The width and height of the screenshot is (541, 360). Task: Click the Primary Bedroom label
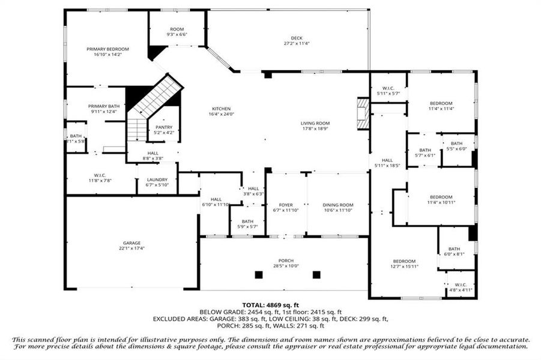point(107,49)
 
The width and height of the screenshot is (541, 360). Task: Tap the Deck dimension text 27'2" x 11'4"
point(297,44)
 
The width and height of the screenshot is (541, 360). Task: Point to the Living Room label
point(315,123)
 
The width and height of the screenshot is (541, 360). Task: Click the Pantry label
point(163,127)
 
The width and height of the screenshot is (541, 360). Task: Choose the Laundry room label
point(157,179)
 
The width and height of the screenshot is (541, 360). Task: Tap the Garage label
point(131,243)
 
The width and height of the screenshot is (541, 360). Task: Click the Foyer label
point(285,205)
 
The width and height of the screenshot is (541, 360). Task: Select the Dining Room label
point(337,205)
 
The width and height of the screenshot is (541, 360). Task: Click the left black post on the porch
point(259,275)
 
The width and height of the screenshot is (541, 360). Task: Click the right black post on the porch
point(316,275)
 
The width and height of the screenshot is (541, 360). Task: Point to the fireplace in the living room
point(363,113)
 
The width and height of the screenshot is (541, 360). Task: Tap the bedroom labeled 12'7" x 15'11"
point(404,261)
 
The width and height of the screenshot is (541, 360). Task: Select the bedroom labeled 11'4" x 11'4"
point(441,103)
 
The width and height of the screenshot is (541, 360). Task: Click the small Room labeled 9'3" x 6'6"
point(177,29)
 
